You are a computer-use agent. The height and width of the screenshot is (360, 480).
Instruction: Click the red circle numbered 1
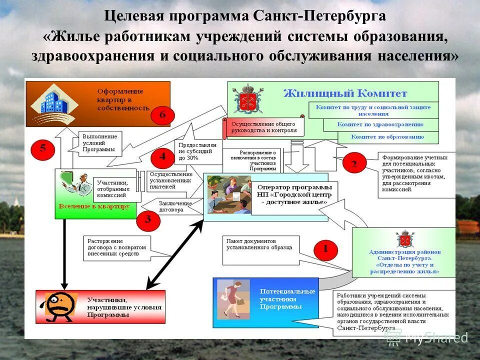click(x=325, y=249)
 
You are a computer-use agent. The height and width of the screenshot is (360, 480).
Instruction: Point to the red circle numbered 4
click(x=162, y=156)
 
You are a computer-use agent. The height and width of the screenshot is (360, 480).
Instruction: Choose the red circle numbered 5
click(x=43, y=148)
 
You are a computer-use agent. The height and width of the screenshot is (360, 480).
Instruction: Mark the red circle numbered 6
click(x=162, y=115)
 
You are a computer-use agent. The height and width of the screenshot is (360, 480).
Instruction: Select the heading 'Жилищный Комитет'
click(x=345, y=93)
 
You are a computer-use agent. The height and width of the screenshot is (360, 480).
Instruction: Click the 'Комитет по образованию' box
click(x=387, y=136)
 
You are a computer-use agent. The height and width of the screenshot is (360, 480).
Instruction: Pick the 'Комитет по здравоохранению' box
click(x=380, y=124)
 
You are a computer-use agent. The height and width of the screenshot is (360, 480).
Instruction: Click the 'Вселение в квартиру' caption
click(x=94, y=205)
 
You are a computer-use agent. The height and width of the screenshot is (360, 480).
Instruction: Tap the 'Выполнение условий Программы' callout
click(x=100, y=142)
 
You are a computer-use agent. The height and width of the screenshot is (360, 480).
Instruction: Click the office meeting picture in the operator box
click(x=229, y=194)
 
